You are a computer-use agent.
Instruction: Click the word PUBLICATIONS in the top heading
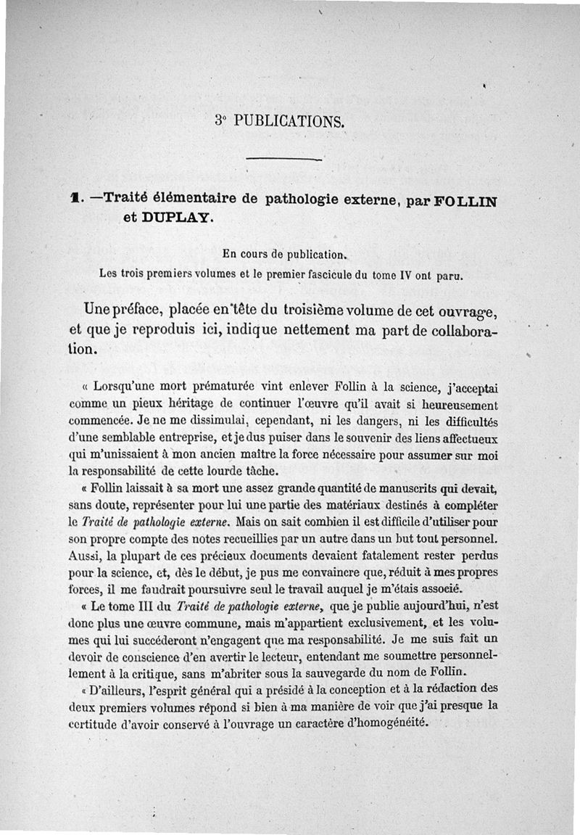[289, 120]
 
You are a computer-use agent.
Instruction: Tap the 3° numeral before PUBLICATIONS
[220, 120]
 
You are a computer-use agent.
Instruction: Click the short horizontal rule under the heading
[283, 158]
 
